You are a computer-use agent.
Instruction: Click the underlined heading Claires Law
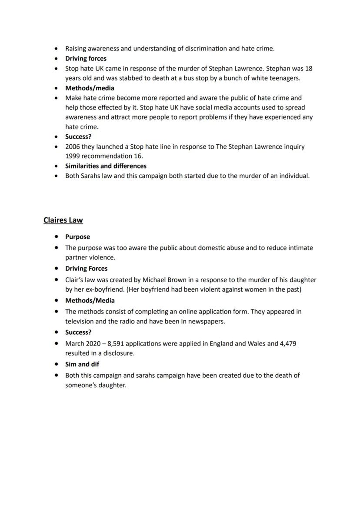click(x=63, y=220)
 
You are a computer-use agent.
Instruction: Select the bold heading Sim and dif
click(x=82, y=364)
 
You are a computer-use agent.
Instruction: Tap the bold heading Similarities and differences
click(x=106, y=166)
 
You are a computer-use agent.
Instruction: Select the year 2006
click(x=73, y=146)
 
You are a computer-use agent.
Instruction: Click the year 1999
click(x=73, y=156)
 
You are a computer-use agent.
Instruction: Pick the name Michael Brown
click(x=163, y=280)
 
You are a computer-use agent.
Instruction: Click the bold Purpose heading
click(x=77, y=237)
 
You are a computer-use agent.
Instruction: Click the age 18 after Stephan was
click(x=308, y=69)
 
